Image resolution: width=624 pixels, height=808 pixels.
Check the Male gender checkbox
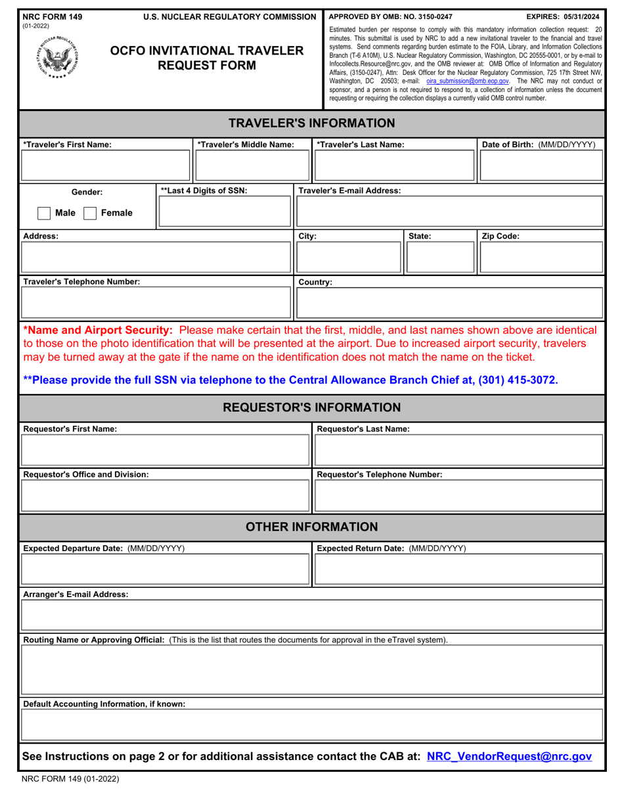pyautogui.click(x=44, y=213)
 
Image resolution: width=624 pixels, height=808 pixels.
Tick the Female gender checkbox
pyautogui.click(x=91, y=213)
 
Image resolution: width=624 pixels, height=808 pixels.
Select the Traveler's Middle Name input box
pyautogui.click(x=243, y=166)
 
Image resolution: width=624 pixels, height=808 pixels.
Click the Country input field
pyautogui.click(x=450, y=303)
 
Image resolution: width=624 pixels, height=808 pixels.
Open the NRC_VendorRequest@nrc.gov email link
pyautogui.click(x=509, y=757)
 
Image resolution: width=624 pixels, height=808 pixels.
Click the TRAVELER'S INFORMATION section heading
pyautogui.click(x=312, y=123)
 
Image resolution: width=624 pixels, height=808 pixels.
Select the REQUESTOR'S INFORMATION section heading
pyautogui.click(x=312, y=407)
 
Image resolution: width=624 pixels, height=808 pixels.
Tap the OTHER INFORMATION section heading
pyautogui.click(x=312, y=527)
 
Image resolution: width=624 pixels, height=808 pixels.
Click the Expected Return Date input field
pyautogui.click(x=458, y=569)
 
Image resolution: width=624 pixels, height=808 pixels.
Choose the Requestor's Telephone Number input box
pyautogui.click(x=458, y=495)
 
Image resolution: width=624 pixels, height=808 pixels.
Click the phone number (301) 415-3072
pyautogui.click(x=513, y=380)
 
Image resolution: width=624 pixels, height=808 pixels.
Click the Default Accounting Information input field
pyautogui.click(x=312, y=726)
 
